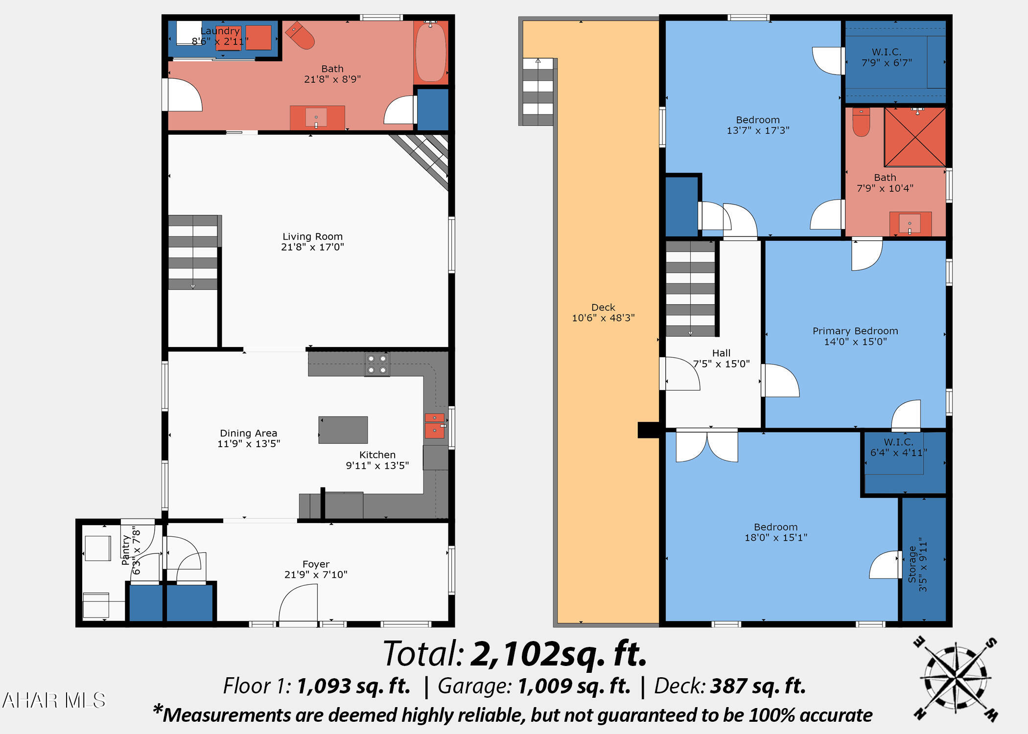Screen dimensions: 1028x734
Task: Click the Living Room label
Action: [312, 242]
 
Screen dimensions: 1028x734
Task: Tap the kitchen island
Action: [343, 430]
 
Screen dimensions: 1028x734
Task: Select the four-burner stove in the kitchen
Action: [377, 365]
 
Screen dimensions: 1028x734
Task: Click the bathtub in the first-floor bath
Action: [431, 52]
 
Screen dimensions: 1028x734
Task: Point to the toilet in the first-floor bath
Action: [300, 35]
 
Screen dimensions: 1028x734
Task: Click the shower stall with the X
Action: [914, 137]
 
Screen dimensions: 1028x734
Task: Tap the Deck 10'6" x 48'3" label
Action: [603, 313]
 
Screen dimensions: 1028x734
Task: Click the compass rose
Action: [956, 679]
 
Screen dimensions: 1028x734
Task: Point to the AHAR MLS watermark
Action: [54, 700]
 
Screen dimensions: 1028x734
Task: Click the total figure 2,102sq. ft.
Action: [559, 654]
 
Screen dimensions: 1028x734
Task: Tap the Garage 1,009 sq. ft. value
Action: [574, 686]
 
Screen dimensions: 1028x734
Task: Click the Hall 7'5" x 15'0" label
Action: [721, 358]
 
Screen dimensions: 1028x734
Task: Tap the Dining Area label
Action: [249, 438]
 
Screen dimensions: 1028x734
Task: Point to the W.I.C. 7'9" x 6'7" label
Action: [887, 57]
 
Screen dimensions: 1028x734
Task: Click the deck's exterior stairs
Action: [537, 92]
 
